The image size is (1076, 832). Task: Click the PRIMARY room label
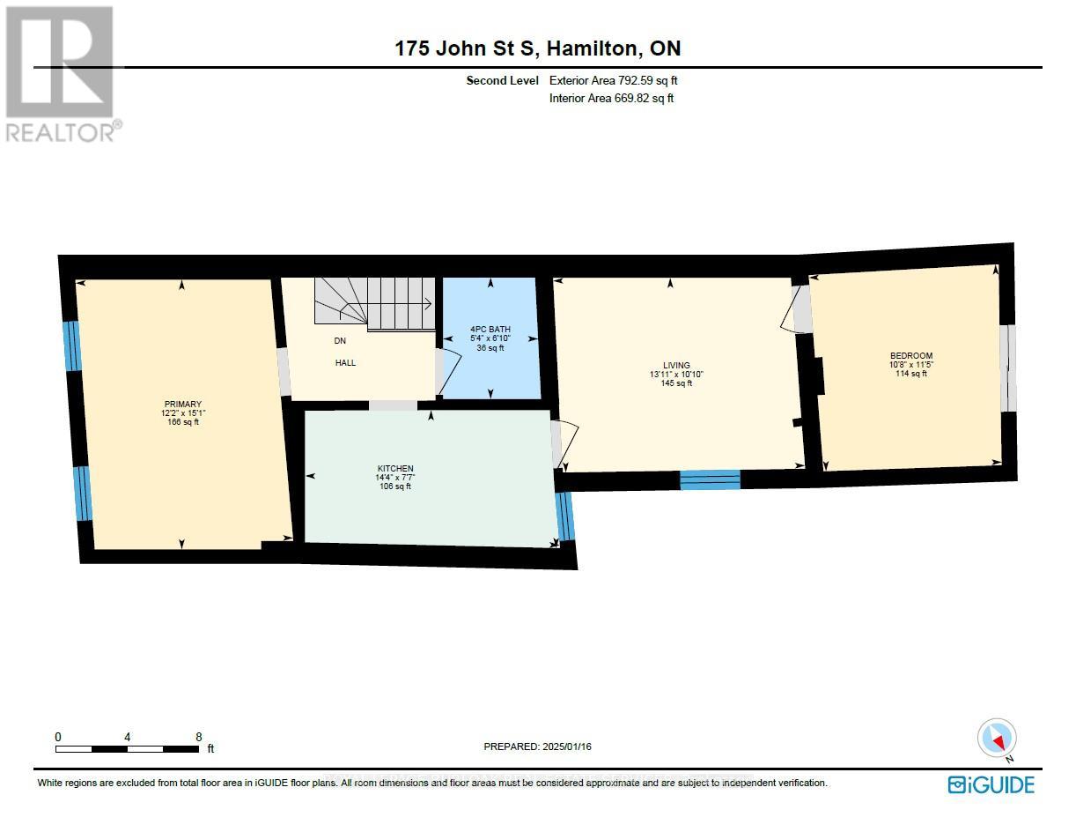pos(183,404)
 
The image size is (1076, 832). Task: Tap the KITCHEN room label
pos(395,468)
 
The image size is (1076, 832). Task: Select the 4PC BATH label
pos(490,329)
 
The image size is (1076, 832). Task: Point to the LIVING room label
pos(676,365)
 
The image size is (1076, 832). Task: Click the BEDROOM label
pos(911,356)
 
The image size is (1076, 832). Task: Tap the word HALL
pos(345,363)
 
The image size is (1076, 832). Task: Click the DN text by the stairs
pos(340,341)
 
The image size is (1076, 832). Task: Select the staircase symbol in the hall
pos(375,304)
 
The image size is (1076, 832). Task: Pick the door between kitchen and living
pos(564,444)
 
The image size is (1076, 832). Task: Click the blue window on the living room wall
pos(710,479)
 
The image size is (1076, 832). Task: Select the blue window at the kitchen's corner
pos(565,516)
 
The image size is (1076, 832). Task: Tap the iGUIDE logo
pos(991,785)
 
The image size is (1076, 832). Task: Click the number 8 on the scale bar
pos(199,737)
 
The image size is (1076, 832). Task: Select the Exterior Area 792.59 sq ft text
pos(613,80)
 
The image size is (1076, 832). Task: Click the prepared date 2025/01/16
pos(566,747)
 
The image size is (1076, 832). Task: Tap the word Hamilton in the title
pos(592,48)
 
